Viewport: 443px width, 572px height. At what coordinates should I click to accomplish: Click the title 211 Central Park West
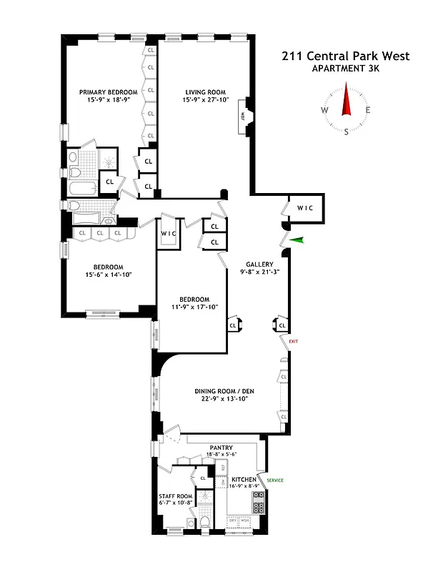coord(345,56)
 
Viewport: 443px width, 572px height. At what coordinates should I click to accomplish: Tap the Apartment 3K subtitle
coord(345,69)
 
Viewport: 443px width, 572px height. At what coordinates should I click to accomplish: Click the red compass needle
coord(347,99)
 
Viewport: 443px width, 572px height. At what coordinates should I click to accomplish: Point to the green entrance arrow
coord(297,241)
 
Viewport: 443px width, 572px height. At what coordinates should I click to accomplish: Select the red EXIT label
coord(293,341)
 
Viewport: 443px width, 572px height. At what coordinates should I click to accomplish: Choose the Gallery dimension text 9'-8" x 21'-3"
coord(259,272)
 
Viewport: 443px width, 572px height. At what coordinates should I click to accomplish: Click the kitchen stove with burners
coord(259,508)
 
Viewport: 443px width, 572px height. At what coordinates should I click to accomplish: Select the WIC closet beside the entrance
coord(306,208)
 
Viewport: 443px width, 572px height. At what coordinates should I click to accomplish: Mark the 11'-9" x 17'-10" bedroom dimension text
coord(194,307)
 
